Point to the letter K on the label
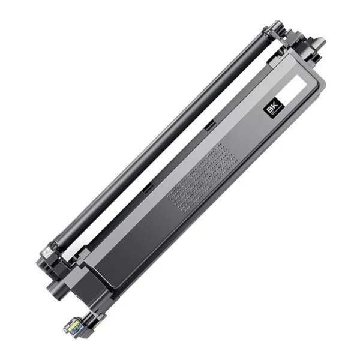pos(273,104)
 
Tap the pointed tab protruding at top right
pos(318,43)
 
